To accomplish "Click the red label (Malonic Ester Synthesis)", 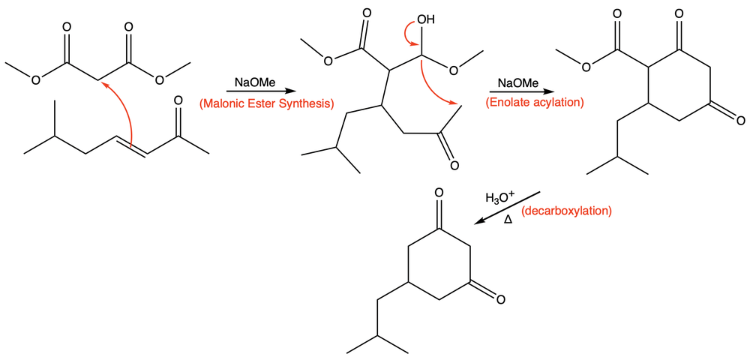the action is click(x=266, y=103).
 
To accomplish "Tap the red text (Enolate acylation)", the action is click(x=534, y=103).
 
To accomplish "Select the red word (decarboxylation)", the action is click(x=566, y=211).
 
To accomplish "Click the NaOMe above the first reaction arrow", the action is click(x=255, y=82).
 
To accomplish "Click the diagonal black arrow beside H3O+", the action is click(x=508, y=208).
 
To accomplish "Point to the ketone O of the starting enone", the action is click(x=178, y=101).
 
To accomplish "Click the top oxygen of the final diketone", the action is click(x=439, y=193).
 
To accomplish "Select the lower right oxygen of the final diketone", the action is click(x=499, y=300).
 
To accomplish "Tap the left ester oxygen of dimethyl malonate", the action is click(x=36, y=79).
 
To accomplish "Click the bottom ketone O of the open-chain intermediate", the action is click(x=454, y=166).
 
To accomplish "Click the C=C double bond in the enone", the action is click(x=130, y=145).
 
